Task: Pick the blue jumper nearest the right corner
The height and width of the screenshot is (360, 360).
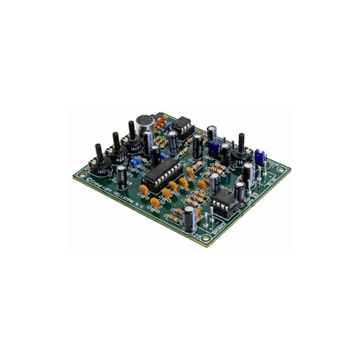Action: tap(259, 157)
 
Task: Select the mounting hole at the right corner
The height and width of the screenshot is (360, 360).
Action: tap(281, 170)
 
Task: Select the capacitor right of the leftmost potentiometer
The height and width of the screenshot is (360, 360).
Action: tap(121, 175)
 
